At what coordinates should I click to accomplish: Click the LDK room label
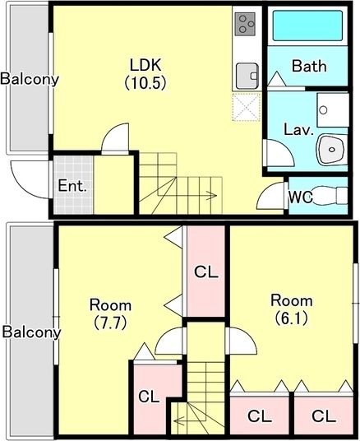pyautogui.click(x=145, y=74)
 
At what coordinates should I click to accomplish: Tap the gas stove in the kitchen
pyautogui.click(x=245, y=24)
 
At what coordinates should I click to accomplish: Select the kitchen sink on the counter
pyautogui.click(x=247, y=76)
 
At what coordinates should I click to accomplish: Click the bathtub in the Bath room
pyautogui.click(x=307, y=26)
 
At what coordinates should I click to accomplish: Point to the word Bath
pyautogui.click(x=309, y=66)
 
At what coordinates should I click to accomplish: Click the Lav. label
pyautogui.click(x=298, y=130)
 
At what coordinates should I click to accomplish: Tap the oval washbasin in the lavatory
pyautogui.click(x=331, y=149)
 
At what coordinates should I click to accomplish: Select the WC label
pyautogui.click(x=301, y=197)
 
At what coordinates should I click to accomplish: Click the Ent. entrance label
pyautogui.click(x=72, y=186)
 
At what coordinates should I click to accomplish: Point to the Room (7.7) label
pyautogui.click(x=110, y=313)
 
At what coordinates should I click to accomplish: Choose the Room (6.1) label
pyautogui.click(x=292, y=309)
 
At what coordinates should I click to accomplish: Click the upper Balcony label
pyautogui.click(x=30, y=79)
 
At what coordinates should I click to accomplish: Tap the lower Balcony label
pyautogui.click(x=31, y=332)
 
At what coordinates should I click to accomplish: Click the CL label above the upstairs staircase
pyautogui.click(x=206, y=272)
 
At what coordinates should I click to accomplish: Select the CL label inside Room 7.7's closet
pyautogui.click(x=149, y=397)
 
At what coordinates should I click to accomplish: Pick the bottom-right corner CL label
pyautogui.click(x=324, y=416)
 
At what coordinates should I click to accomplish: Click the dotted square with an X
pyautogui.click(x=247, y=107)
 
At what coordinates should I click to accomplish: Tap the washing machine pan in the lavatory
pyautogui.click(x=333, y=110)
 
